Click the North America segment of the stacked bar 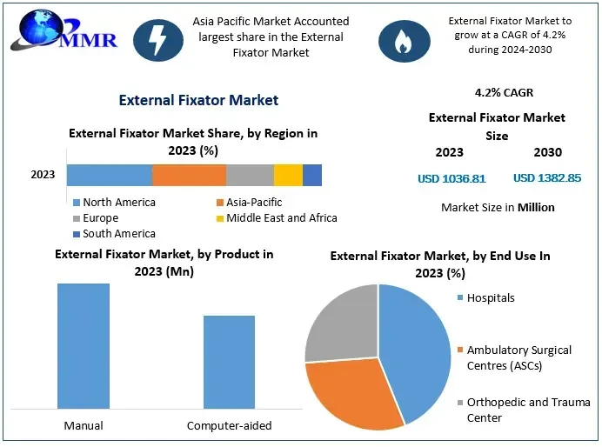pos(109,175)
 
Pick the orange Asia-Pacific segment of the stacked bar pos(189,175)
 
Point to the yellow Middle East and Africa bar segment pos(288,175)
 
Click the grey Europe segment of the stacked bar pos(250,175)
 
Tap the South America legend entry pos(114,233)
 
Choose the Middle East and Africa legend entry pos(276,217)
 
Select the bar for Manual pos(84,345)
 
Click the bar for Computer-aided pos(230,362)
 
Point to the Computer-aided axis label pos(230,425)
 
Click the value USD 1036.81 pos(451,178)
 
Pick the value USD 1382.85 pos(547,178)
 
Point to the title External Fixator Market pos(198,100)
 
